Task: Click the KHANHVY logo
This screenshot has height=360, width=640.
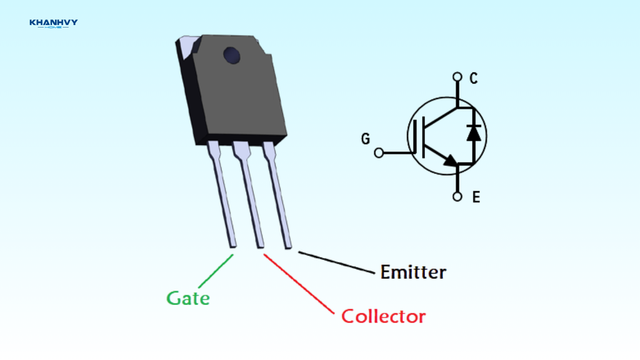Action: [x=53, y=24]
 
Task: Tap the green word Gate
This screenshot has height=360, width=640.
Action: [x=188, y=298]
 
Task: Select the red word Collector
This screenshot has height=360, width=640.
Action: [x=383, y=316]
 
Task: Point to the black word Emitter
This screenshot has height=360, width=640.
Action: [x=413, y=272]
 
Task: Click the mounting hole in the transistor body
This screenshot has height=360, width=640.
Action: [x=232, y=56]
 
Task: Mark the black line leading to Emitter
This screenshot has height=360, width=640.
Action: [x=337, y=262]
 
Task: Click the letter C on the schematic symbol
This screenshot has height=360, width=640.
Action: [x=474, y=79]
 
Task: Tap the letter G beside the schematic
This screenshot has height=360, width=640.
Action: [x=366, y=139]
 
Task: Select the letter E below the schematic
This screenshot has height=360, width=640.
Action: [x=476, y=197]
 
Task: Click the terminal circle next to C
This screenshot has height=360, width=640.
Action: [x=457, y=78]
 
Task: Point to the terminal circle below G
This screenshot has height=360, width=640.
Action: [x=379, y=152]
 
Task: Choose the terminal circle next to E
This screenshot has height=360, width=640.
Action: [x=457, y=197]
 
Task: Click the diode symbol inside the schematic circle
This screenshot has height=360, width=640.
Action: [x=474, y=132]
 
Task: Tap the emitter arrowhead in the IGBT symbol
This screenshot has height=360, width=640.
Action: [x=451, y=161]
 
